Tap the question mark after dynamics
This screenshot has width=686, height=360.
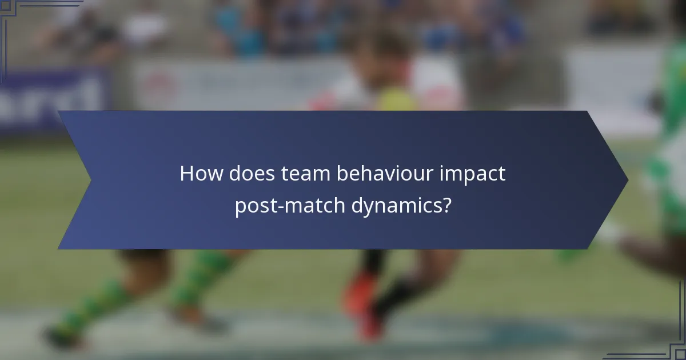point(445,206)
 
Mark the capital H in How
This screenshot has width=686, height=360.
point(186,174)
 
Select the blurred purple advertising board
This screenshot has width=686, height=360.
point(54,100)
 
